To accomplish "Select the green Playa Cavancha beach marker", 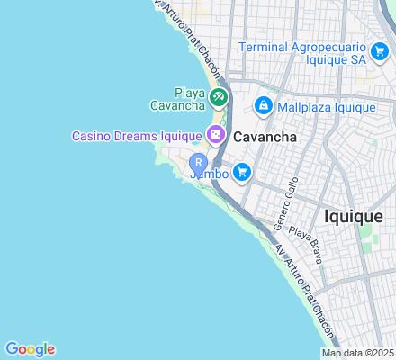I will [x=217, y=95].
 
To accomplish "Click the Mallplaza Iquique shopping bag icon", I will [x=263, y=107].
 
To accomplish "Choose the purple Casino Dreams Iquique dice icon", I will [x=215, y=136].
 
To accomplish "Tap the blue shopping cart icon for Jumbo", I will [x=240, y=171].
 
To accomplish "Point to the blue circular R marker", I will [x=199, y=163].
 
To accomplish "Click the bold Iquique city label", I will [x=354, y=216].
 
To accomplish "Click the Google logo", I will [x=30, y=349].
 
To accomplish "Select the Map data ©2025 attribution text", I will [x=357, y=353].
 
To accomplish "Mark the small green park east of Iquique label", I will [x=367, y=239].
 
